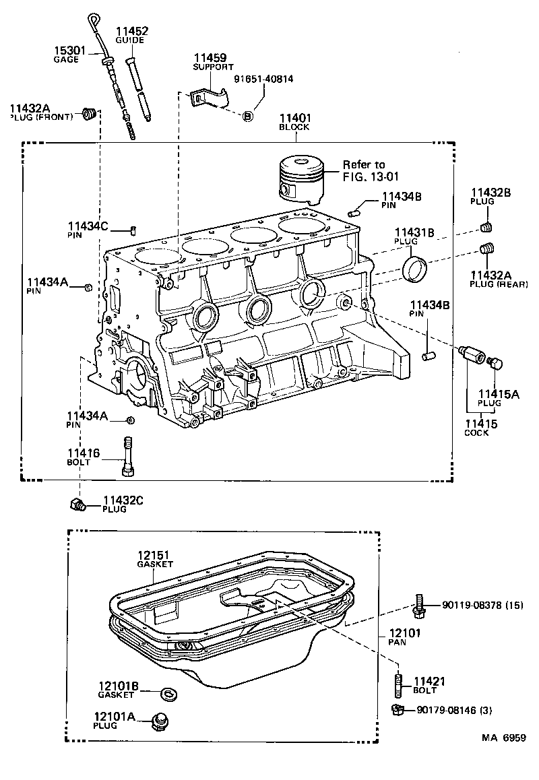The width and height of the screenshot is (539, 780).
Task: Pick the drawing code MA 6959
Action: pos(503,757)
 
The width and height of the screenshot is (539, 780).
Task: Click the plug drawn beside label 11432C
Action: pos(76,503)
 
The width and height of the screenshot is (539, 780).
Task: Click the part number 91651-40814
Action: pos(263,79)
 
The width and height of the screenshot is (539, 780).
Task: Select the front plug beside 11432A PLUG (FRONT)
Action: pos(87,115)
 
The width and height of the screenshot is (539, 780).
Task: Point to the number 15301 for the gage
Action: pos(67,50)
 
